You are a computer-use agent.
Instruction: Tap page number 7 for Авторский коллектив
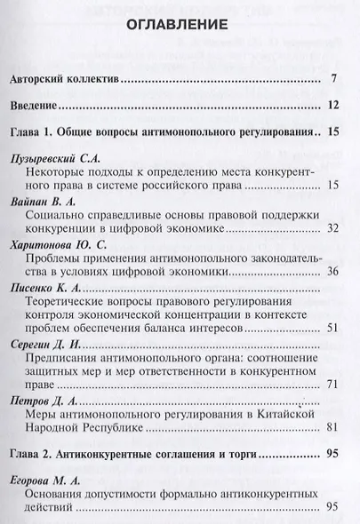pos(332,79)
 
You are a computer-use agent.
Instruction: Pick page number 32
pos(332,229)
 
